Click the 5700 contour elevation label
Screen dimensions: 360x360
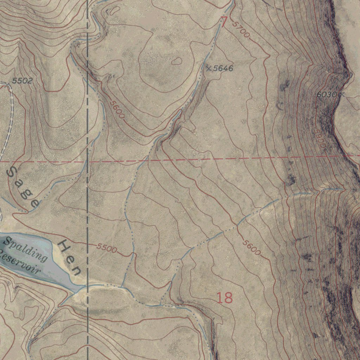[x=241, y=30]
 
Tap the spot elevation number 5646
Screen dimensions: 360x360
[x=223, y=69]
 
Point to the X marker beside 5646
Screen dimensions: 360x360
[x=209, y=68]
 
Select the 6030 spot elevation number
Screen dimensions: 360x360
[x=327, y=95]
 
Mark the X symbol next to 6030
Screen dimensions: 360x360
[x=341, y=94]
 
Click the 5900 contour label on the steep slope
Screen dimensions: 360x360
[x=320, y=139]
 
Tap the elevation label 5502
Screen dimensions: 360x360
[x=22, y=81]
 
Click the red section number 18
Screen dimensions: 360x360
[x=224, y=298]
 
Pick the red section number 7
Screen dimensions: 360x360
[x=224, y=22]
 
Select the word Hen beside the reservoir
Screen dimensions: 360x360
[x=70, y=257]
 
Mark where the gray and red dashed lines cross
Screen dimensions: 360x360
[x=87, y=162]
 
